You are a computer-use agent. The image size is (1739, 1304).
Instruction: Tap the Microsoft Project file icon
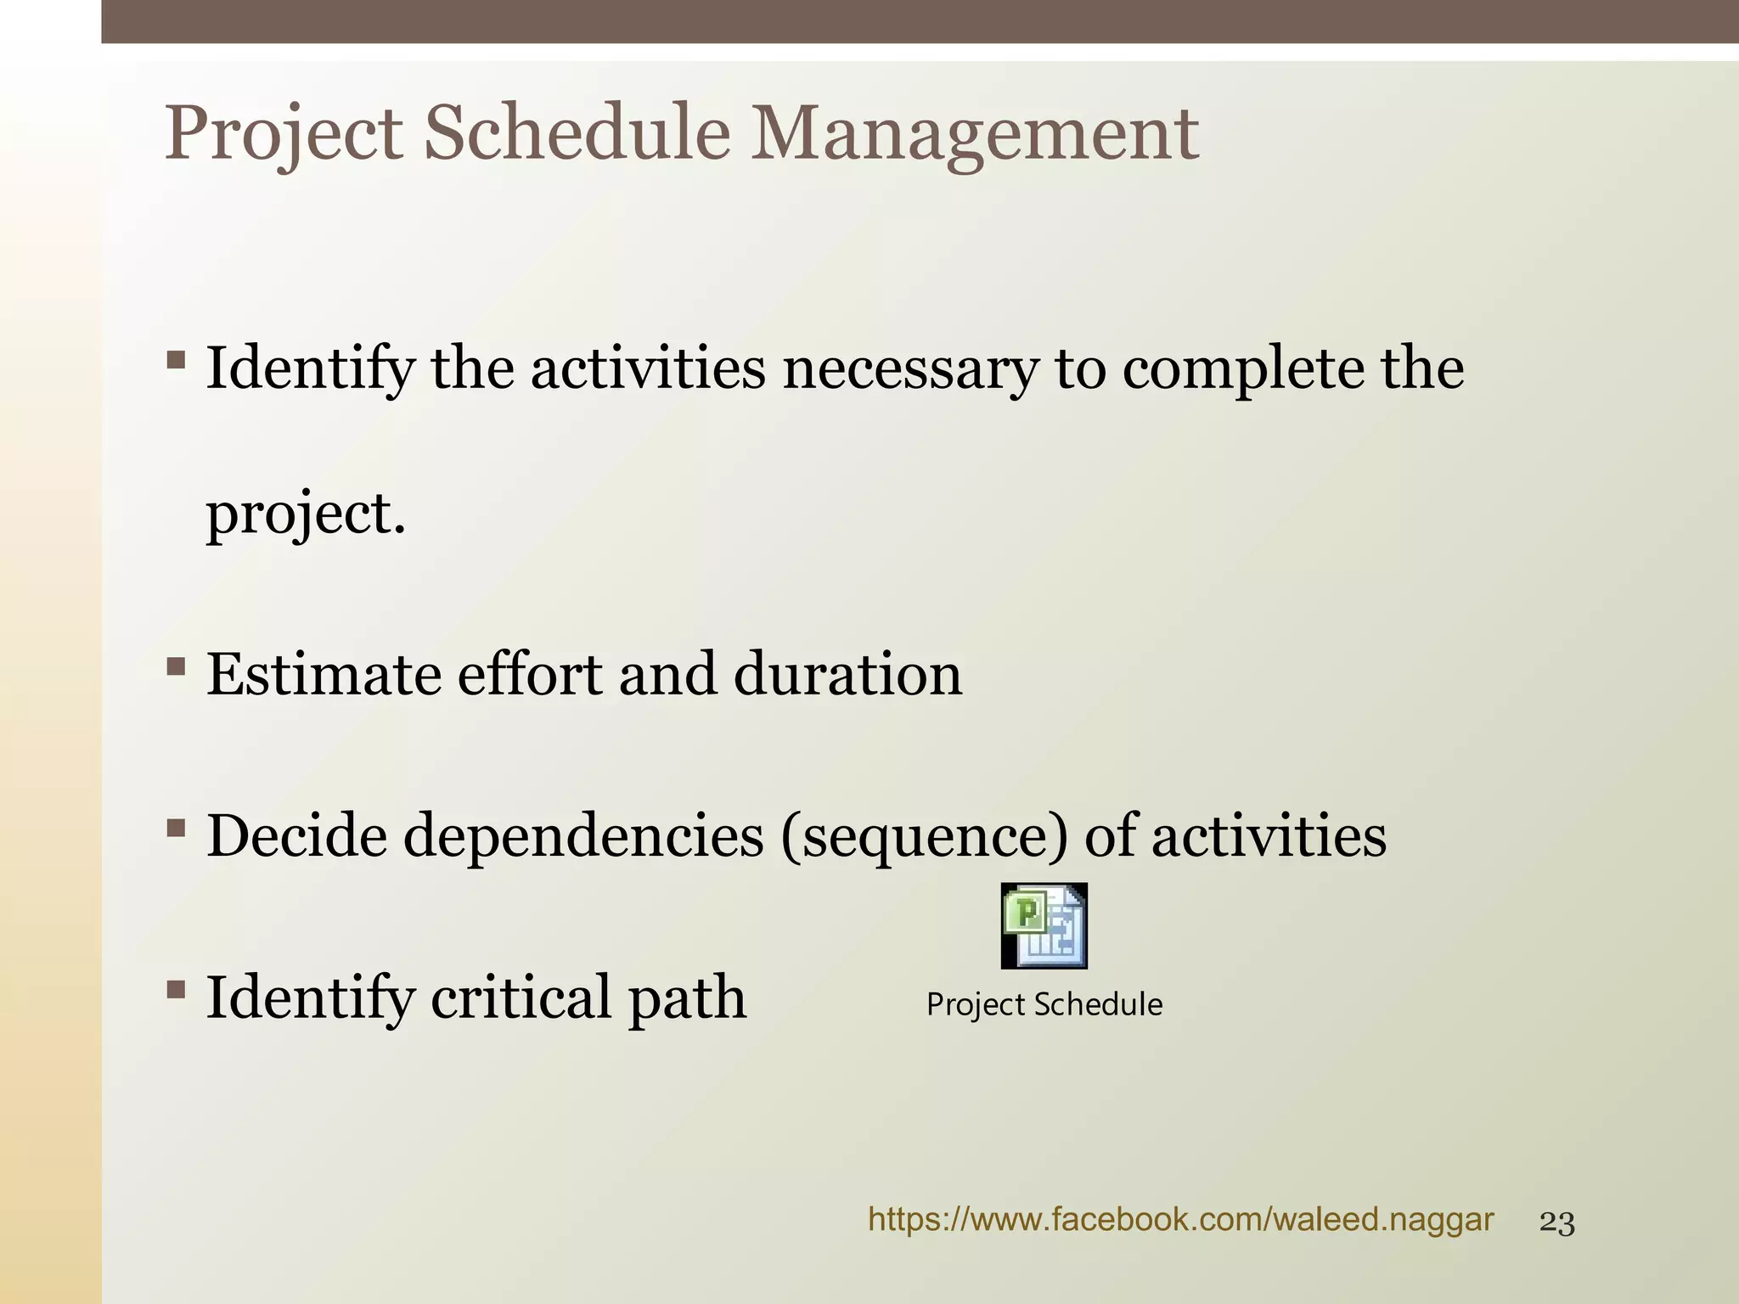[1044, 925]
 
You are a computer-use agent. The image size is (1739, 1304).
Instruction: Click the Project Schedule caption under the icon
[1044, 1005]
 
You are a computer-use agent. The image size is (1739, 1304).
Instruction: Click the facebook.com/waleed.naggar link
[1180, 1220]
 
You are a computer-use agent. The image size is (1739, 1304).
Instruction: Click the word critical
[521, 997]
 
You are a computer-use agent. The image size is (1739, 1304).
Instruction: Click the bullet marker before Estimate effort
[176, 665]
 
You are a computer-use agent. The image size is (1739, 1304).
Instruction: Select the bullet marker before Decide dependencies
[176, 827]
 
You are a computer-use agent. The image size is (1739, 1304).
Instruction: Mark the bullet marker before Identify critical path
[176, 988]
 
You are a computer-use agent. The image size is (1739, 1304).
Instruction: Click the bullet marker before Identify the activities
[176, 360]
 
